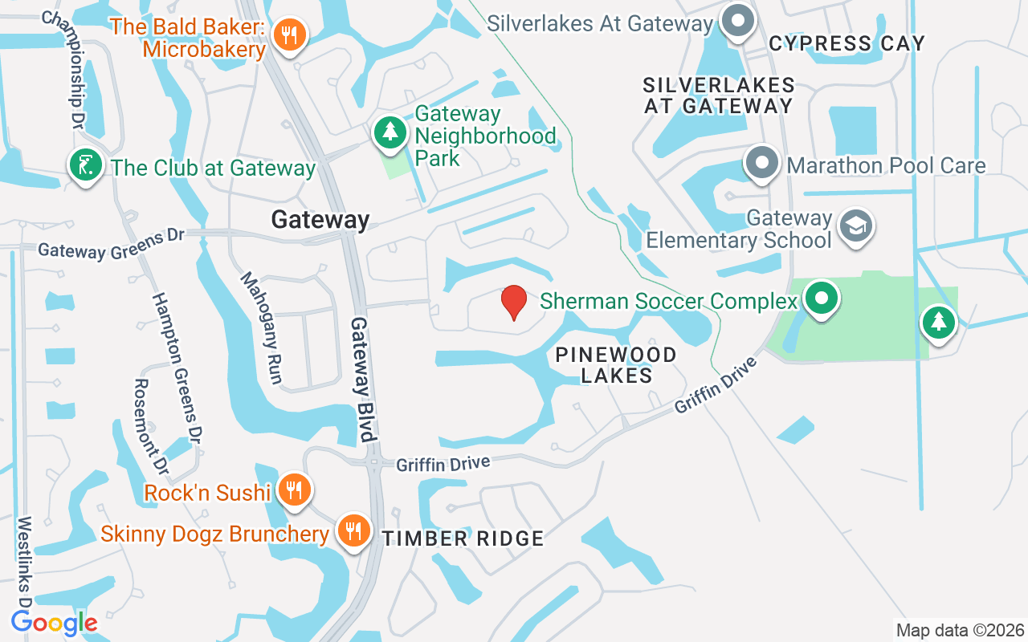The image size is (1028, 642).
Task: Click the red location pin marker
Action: tap(514, 303)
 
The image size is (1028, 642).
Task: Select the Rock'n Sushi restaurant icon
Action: tap(295, 488)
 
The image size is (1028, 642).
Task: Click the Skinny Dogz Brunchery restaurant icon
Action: tap(352, 530)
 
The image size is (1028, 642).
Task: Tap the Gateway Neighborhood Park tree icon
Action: tap(390, 132)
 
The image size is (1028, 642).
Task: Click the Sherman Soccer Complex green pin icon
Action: tap(821, 299)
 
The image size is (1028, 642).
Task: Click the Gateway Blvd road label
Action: tap(362, 379)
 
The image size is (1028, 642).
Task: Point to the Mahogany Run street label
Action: tap(262, 327)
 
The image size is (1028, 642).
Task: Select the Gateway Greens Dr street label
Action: tap(111, 244)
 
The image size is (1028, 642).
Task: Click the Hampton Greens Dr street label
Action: tap(177, 368)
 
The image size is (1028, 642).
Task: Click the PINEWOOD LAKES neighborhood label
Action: tap(616, 364)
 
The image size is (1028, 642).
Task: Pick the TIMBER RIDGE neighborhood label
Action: tap(463, 538)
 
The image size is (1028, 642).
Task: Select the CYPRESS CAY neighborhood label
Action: tap(846, 43)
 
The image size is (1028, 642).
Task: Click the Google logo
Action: tap(54, 622)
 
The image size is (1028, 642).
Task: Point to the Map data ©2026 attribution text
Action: tap(960, 630)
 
